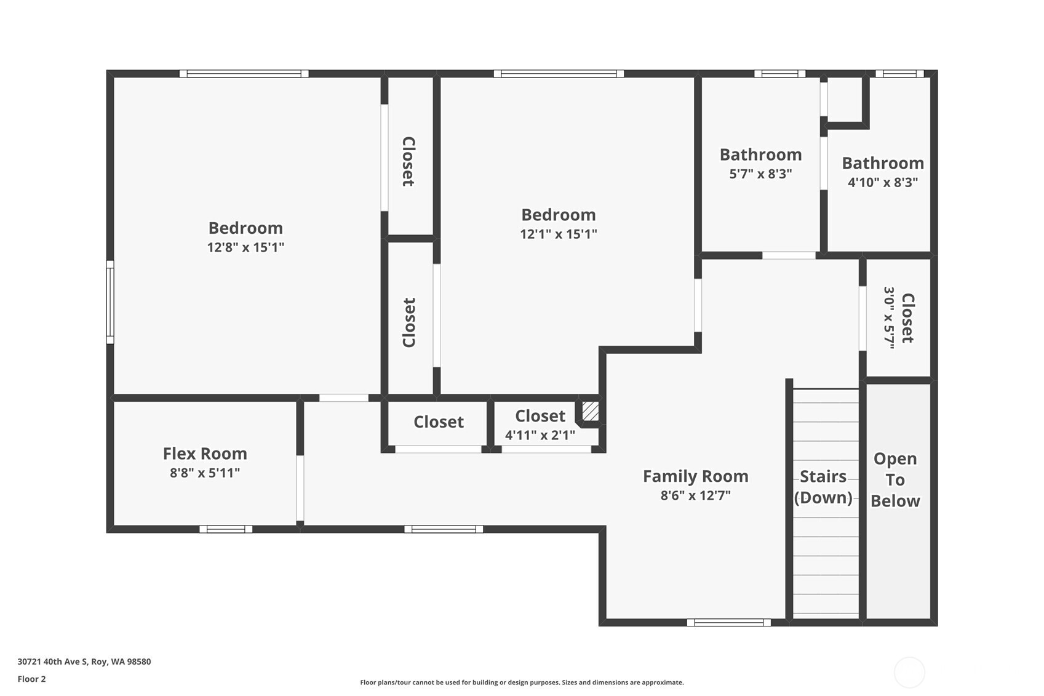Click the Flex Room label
click(x=205, y=454)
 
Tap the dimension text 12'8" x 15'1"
click(x=245, y=247)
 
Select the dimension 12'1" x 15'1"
click(x=558, y=234)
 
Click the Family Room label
click(x=695, y=476)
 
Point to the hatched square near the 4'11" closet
click(x=590, y=411)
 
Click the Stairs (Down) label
click(x=823, y=487)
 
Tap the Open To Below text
click(x=895, y=479)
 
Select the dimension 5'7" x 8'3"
click(x=760, y=174)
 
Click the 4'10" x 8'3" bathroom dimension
click(x=882, y=182)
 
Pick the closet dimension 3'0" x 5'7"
click(x=888, y=318)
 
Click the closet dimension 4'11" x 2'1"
click(x=540, y=435)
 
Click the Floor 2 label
click(x=31, y=679)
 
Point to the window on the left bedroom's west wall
click(x=110, y=302)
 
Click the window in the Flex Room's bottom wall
click(x=226, y=529)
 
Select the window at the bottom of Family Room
click(x=728, y=623)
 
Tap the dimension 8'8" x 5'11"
click(x=205, y=473)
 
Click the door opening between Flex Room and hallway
click(x=300, y=487)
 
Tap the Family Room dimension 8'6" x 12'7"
click(x=695, y=495)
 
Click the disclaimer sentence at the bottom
click(x=522, y=682)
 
